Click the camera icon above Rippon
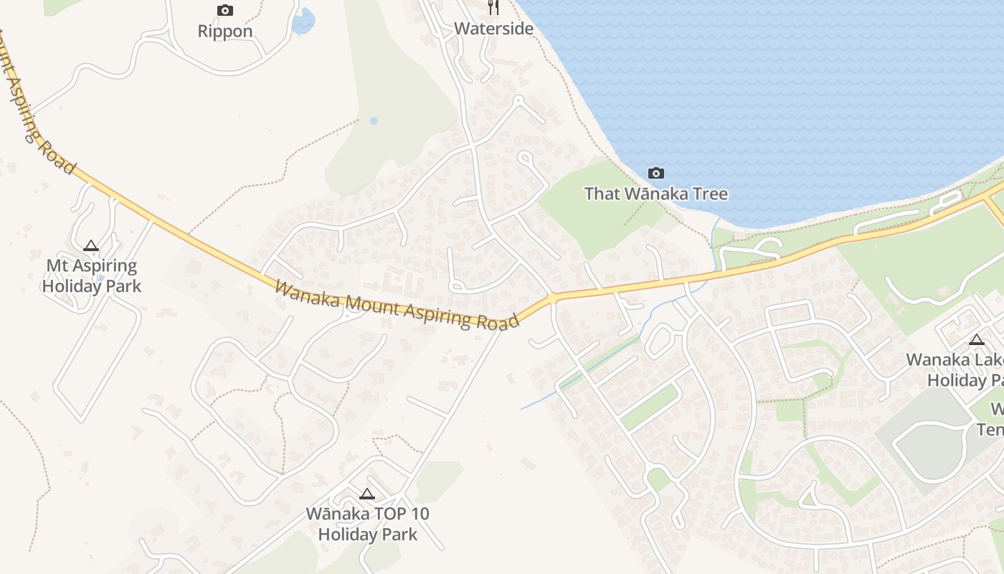pyautogui.click(x=225, y=10)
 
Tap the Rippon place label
pyautogui.click(x=225, y=32)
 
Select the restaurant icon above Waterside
pyautogui.click(x=493, y=7)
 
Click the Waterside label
pyautogui.click(x=494, y=29)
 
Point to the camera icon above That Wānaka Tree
pyautogui.click(x=655, y=173)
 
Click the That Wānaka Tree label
pyautogui.click(x=655, y=194)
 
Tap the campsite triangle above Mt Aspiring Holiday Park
pyautogui.click(x=90, y=246)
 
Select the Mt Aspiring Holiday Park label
pyautogui.click(x=91, y=276)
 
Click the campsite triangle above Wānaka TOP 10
pyautogui.click(x=367, y=494)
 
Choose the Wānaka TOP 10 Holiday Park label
pyautogui.click(x=367, y=524)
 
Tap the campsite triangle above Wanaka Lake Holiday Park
pyautogui.click(x=977, y=339)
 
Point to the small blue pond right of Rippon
pyautogui.click(x=303, y=21)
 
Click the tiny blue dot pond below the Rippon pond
pyautogui.click(x=374, y=121)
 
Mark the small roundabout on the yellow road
pyautogui.click(x=552, y=298)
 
